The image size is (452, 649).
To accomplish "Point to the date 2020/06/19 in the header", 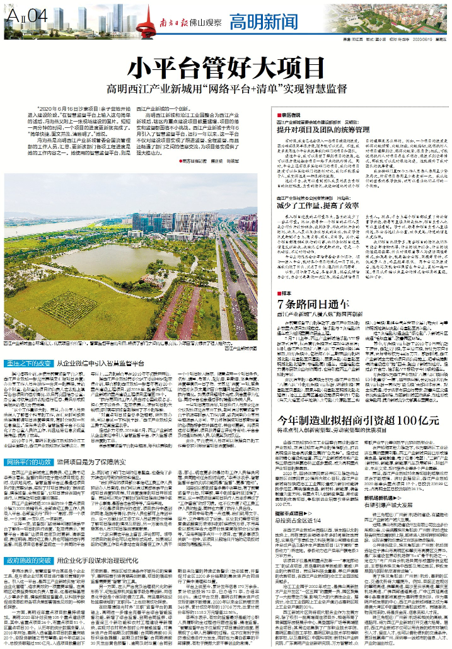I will point(419,39).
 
